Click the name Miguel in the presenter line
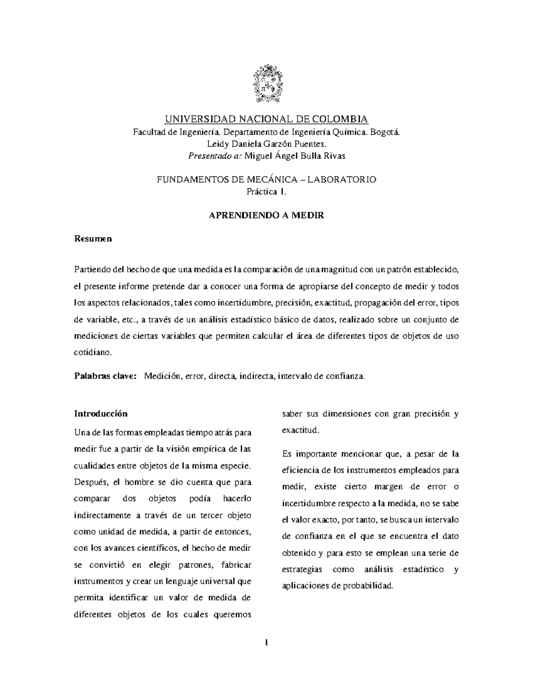click(259, 156)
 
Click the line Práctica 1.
click(266, 191)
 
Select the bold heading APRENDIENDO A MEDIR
click(266, 215)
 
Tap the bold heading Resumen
click(92, 239)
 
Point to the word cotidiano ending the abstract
click(91, 352)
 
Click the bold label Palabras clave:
click(105, 376)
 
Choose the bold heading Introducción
click(100, 414)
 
